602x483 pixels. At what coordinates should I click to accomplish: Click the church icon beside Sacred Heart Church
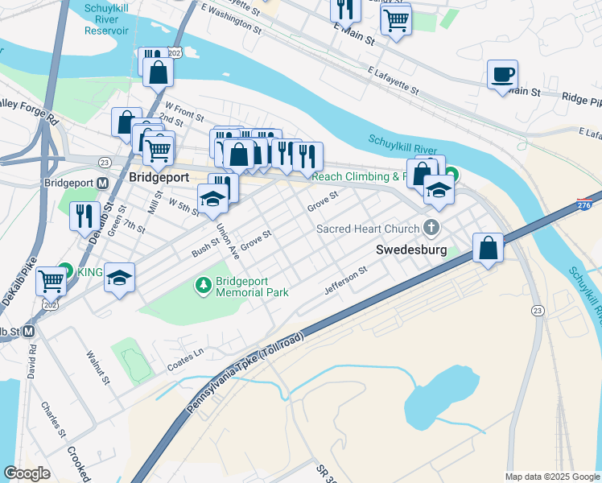[x=432, y=228]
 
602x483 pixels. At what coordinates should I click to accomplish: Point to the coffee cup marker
[x=502, y=75]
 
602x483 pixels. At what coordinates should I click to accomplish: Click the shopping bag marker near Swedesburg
[x=488, y=248]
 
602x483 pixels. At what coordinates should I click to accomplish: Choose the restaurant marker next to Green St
[x=84, y=216]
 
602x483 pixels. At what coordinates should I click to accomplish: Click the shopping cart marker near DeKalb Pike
[x=52, y=281]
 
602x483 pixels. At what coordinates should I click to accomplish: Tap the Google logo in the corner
[x=27, y=473]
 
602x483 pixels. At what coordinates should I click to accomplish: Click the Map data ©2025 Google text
[x=551, y=477]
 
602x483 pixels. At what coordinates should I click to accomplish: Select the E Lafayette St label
[x=392, y=80]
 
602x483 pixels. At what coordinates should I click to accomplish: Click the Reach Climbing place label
[x=355, y=176]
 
